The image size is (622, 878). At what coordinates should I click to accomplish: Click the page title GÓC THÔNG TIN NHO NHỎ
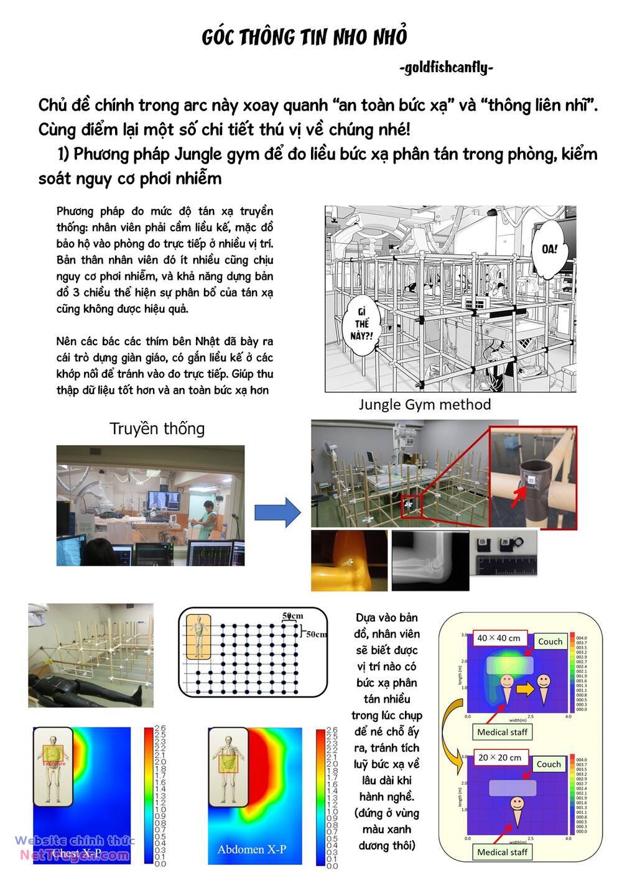point(304,37)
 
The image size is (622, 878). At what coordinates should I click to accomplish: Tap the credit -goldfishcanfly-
point(446,67)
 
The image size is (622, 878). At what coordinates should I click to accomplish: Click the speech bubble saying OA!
point(549,248)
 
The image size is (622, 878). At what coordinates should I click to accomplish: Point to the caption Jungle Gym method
point(424,405)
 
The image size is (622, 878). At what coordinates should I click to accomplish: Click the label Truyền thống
point(157,428)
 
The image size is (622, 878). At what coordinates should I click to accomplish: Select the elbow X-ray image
point(429,560)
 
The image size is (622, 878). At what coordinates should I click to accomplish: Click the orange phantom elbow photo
point(348,560)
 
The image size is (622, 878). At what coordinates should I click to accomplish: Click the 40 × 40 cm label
point(499,638)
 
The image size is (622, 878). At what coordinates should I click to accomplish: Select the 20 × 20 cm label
point(499,757)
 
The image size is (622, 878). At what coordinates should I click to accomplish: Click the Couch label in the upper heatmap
point(550,641)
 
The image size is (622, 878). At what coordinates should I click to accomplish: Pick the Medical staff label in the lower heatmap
point(502,852)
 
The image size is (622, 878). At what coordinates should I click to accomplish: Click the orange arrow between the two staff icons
point(526,688)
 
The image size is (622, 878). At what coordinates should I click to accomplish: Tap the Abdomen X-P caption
point(252,849)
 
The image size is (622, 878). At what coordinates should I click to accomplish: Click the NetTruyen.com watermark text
point(75,856)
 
